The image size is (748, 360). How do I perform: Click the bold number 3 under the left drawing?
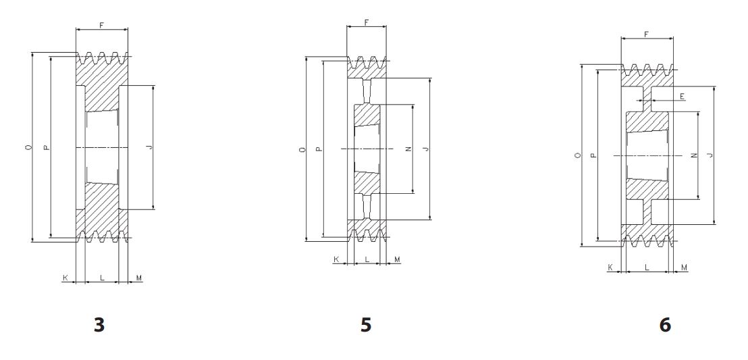(99, 325)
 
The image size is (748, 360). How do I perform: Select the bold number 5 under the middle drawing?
(366, 325)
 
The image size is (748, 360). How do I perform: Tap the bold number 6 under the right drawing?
(665, 325)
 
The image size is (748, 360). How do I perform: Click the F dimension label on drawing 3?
(102, 25)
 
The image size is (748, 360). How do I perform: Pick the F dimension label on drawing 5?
(367, 22)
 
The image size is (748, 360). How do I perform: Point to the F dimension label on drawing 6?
(646, 34)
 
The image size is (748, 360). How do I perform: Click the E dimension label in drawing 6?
(682, 97)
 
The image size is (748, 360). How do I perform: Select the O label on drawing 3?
(28, 148)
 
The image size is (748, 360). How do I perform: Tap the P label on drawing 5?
(319, 149)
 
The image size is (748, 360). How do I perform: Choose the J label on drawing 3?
(150, 147)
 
